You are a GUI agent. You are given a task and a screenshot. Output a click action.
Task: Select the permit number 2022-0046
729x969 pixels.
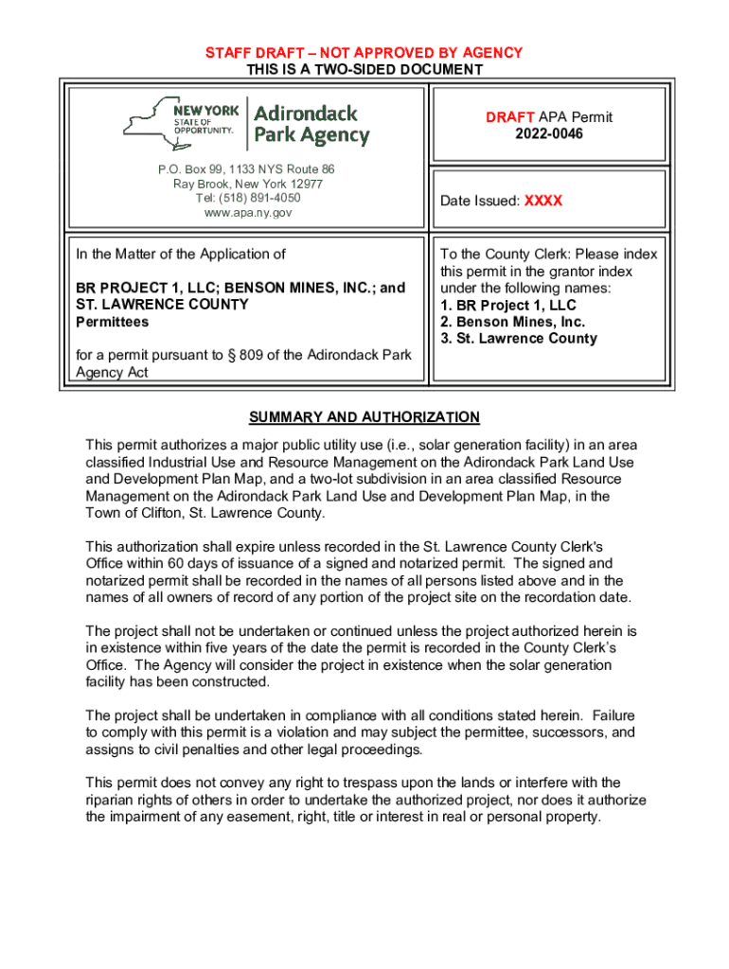tap(549, 134)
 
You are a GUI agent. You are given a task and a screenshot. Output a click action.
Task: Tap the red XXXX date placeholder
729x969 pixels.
tap(543, 201)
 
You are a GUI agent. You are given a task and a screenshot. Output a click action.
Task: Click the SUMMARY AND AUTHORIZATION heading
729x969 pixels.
tap(364, 417)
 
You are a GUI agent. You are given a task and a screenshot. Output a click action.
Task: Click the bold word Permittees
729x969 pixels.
tap(112, 322)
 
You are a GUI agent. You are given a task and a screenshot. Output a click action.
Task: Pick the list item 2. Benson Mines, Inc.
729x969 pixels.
tap(512, 322)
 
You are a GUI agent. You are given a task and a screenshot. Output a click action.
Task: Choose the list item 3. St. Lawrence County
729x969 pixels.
tap(519, 339)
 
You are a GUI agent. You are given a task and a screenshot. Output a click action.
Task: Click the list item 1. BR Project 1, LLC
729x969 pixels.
tap(507, 306)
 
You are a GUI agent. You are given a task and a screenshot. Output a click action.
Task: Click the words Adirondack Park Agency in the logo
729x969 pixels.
tap(311, 124)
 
